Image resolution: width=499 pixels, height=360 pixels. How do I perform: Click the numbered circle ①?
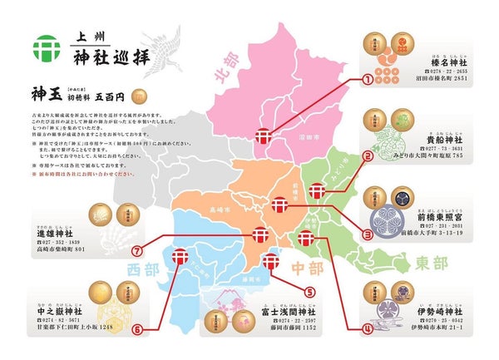pos(365,80)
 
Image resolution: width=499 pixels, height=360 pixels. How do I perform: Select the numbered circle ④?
pos(366,328)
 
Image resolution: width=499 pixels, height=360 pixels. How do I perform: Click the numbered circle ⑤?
pos(309,292)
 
